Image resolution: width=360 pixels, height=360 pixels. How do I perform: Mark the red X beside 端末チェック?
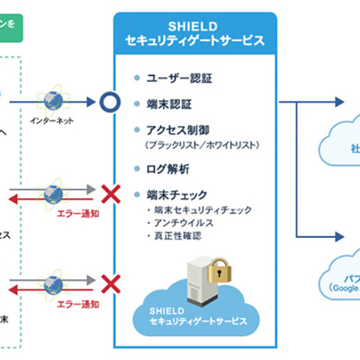tap(111, 195)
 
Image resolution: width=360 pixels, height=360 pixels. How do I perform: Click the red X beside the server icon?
tap(111, 283)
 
